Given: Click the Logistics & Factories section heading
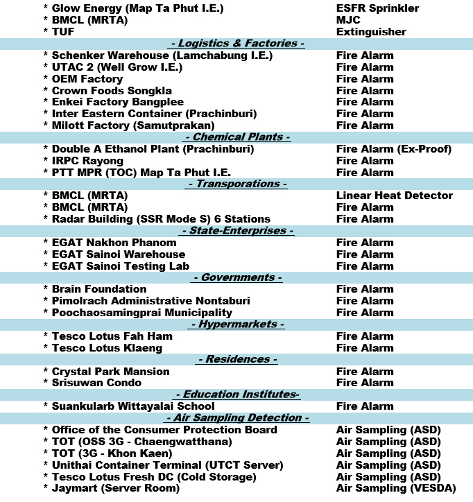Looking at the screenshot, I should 237,44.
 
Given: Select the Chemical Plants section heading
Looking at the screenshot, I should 237,137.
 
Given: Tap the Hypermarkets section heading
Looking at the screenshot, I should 237,324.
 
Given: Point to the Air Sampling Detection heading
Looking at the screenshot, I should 237,418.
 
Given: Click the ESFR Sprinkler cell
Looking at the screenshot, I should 377,8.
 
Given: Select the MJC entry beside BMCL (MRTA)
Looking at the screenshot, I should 348,20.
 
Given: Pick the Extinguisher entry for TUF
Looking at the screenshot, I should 371,32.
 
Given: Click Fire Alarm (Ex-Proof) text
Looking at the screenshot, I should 393,149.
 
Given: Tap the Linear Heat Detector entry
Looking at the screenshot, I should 394,196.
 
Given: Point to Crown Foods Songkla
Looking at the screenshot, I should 112,91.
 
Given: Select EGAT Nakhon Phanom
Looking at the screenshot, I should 114,243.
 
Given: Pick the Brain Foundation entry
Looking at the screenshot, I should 98,289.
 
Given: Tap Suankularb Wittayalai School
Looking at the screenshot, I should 133,406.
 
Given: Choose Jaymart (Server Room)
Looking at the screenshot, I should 115,488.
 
